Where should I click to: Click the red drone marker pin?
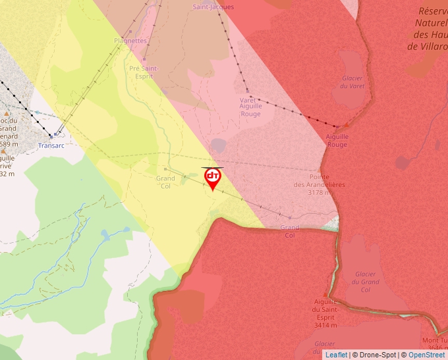(213, 178)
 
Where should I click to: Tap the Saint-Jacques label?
(213, 7)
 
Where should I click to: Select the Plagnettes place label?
(130, 40)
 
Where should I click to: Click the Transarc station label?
(51, 145)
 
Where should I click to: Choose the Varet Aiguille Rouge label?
(250, 107)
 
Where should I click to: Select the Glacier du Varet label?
(353, 82)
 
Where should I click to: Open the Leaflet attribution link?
(336, 355)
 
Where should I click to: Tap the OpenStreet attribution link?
(426, 355)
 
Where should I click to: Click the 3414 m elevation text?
(325, 325)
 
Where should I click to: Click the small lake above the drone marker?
(219, 145)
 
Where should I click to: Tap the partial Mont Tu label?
(434, 340)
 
